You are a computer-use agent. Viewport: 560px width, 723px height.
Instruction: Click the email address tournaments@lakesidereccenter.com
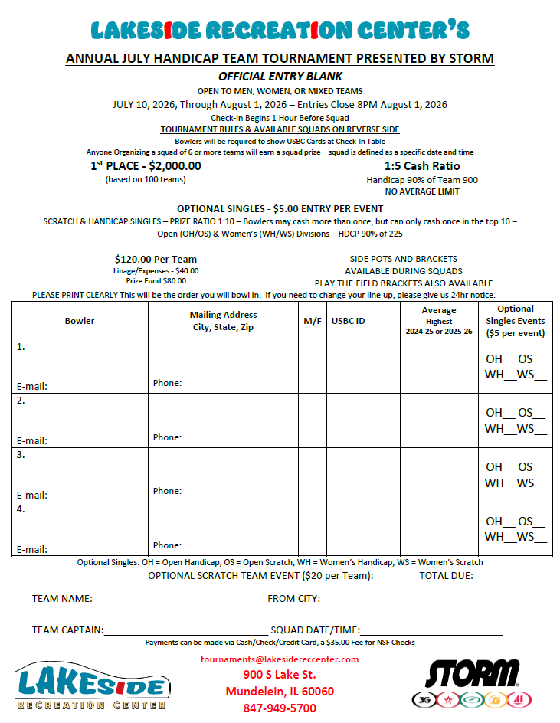280,659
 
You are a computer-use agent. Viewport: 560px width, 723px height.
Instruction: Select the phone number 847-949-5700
280,708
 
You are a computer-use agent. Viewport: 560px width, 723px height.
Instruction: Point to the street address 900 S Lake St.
280,675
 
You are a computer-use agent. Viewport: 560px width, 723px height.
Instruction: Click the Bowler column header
80,321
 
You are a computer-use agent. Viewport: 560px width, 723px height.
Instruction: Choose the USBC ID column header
348,321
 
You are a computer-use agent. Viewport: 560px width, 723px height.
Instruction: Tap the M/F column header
313,321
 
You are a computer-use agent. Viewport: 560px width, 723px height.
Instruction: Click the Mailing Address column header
223,321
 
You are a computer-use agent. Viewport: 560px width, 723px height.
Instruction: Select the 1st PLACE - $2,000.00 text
146,166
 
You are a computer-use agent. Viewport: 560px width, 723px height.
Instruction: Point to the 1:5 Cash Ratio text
422,166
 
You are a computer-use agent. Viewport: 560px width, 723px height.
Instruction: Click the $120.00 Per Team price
156,259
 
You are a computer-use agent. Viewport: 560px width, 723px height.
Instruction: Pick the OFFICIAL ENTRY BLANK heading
280,77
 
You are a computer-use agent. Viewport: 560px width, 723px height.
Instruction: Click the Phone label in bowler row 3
167,491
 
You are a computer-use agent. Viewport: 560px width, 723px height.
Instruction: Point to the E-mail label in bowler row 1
32,387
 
